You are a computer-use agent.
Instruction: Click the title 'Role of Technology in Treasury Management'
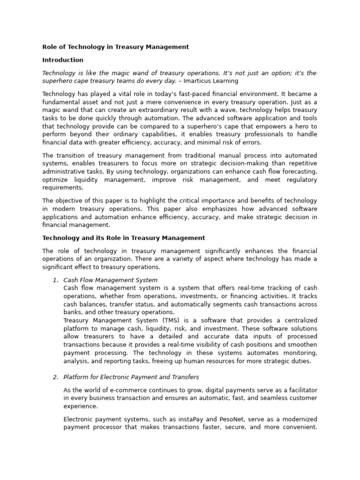[x=115, y=47]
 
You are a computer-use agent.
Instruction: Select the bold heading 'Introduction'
[x=63, y=60]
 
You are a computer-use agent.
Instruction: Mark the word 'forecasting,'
[x=299, y=171]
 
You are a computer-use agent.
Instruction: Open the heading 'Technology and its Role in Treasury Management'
[x=124, y=238]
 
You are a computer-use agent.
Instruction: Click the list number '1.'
[x=55, y=280]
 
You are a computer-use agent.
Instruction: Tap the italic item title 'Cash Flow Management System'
[x=110, y=280]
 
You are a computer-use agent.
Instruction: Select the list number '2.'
[x=55, y=377]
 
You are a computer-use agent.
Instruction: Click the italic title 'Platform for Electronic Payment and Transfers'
[x=131, y=377]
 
